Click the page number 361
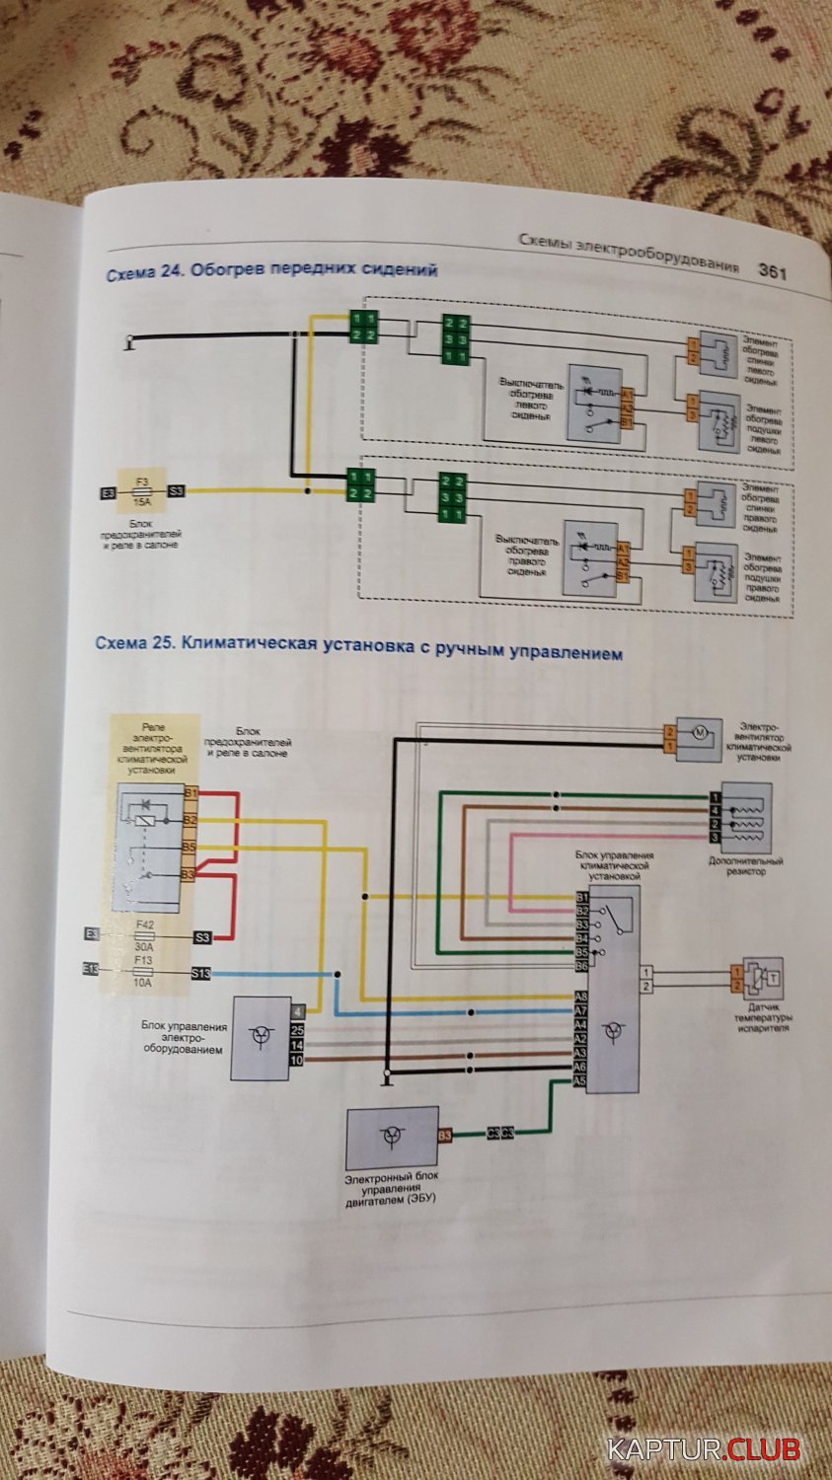[772, 272]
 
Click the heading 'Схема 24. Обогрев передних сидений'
[271, 269]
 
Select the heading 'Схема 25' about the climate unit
[358, 647]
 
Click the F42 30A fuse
[144, 935]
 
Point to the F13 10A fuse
[143, 973]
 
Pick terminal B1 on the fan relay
[189, 793]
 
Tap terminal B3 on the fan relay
[188, 874]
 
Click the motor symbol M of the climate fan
[700, 732]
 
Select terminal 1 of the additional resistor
[714, 797]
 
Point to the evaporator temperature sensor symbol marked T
[771, 978]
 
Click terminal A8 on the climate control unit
[581, 997]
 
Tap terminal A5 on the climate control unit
[580, 1079]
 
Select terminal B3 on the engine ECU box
[445, 1136]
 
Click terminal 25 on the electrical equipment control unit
[297, 1029]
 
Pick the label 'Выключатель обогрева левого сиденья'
[527, 398]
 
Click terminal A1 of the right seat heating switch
[624, 548]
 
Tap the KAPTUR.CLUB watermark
[704, 1450]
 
